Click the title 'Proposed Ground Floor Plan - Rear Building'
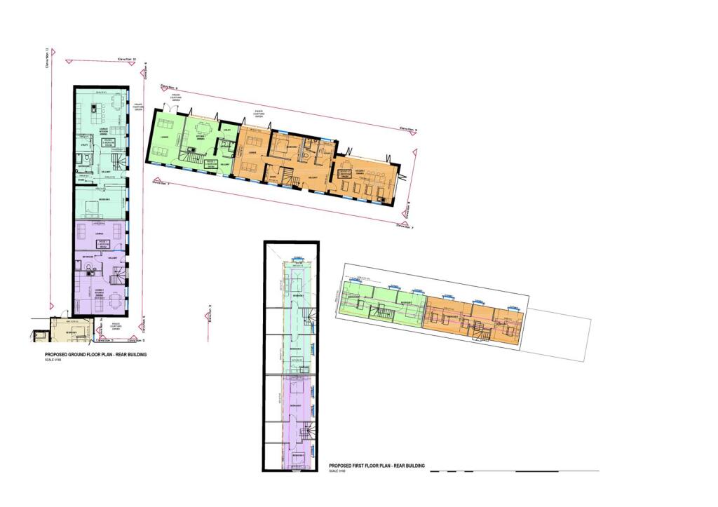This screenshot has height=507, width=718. [x=96, y=355]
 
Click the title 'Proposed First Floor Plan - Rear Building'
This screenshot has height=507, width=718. [x=379, y=465]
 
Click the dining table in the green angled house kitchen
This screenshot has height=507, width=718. [x=204, y=129]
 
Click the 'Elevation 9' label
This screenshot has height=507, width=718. [x=407, y=130]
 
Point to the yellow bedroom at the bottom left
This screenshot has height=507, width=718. [x=71, y=330]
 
